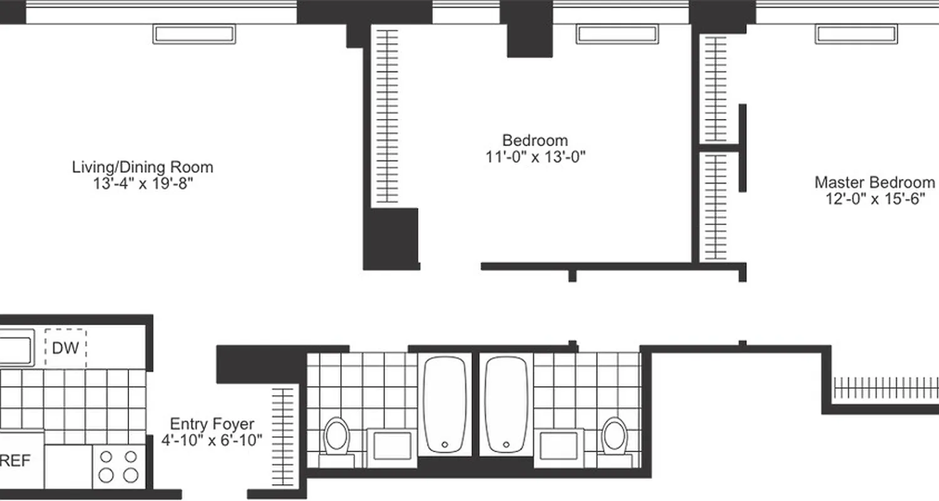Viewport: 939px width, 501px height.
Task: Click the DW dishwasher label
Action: [65, 348]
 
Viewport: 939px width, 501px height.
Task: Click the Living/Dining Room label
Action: [143, 167]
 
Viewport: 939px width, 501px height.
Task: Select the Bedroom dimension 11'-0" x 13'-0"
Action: [535, 157]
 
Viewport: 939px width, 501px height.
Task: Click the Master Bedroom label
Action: [874, 182]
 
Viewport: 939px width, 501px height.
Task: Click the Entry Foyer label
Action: [212, 424]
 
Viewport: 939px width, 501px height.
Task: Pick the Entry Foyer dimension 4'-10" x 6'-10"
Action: [212, 440]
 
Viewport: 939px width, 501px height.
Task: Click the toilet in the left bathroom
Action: [337, 437]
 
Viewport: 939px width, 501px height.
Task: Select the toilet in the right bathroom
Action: [613, 436]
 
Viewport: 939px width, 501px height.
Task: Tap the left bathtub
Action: [444, 404]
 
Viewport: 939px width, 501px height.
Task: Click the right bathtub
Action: [506, 404]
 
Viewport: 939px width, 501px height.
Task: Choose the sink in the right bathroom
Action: [561, 445]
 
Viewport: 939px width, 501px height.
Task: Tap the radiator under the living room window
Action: [195, 34]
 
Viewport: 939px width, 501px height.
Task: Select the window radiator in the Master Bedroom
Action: [856, 34]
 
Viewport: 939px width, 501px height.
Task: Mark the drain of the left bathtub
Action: [444, 444]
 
